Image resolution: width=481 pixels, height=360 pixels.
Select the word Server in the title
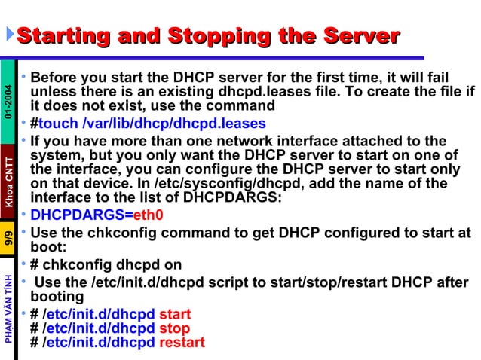(x=360, y=35)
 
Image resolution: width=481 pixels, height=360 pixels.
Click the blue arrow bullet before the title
(x=9, y=35)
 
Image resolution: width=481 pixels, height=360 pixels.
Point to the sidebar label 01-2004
(x=8, y=102)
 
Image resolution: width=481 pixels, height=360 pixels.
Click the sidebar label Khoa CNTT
(x=8, y=181)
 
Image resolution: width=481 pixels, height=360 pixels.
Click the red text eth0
(x=149, y=215)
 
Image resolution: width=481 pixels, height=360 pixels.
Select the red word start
(x=175, y=313)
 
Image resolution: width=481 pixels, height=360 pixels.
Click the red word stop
(x=173, y=328)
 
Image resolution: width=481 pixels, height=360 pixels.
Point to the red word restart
(x=182, y=342)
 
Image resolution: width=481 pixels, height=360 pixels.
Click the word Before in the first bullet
(x=57, y=78)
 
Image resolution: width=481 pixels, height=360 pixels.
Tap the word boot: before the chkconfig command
(x=49, y=246)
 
